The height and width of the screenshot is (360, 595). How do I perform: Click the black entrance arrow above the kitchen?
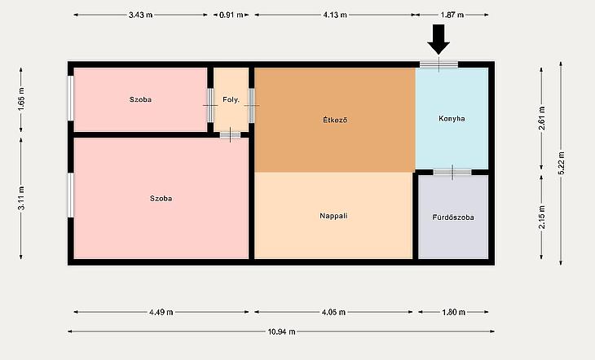tap(439, 39)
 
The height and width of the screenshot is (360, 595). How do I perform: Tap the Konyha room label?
tap(452, 118)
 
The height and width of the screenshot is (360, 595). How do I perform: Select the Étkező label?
tap(335, 120)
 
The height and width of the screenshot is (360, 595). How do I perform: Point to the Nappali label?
tap(333, 216)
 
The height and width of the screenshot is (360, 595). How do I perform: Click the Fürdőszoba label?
tap(453, 217)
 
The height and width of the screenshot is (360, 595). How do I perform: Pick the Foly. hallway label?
tap(231, 99)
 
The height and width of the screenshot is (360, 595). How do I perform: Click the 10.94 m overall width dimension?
tap(281, 331)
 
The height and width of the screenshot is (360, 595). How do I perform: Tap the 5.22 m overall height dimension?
tap(562, 163)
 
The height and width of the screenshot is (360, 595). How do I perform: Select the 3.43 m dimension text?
tap(140, 15)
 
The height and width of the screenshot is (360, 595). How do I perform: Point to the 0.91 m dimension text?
tap(231, 15)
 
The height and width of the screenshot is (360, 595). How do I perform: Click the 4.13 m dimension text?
tap(335, 15)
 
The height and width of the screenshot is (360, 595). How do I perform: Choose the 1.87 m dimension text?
tap(452, 15)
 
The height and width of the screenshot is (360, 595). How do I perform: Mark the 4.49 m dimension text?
tap(161, 312)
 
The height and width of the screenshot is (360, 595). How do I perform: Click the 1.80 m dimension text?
tap(453, 312)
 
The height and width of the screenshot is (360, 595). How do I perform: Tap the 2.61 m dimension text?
tap(542, 118)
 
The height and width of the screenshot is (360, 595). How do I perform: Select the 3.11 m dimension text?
tap(21, 198)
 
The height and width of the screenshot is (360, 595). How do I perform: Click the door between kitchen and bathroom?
tap(452, 172)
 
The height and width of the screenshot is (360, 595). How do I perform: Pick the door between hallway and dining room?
tap(252, 105)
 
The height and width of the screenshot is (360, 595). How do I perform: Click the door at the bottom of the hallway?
tap(231, 134)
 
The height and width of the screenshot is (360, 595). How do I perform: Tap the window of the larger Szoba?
tap(71, 195)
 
